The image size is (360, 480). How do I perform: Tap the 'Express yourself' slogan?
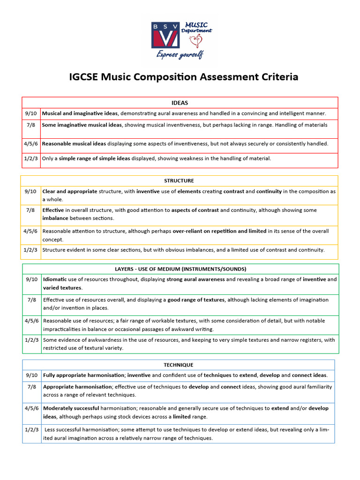point(180,55)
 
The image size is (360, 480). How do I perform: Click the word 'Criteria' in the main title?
point(277,77)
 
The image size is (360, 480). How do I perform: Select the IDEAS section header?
point(180,103)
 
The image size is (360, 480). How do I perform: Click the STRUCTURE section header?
point(179,180)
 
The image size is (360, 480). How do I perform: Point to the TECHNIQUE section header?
point(178,365)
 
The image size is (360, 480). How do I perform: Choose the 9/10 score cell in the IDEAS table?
point(31,113)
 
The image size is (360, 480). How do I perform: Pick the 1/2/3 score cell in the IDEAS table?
point(31,158)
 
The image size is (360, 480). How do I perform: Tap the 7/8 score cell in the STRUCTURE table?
point(31,210)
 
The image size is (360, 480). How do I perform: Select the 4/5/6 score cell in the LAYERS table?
point(31,321)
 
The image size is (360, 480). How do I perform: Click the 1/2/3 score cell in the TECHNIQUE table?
point(32,429)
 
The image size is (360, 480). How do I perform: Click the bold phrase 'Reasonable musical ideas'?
point(74,143)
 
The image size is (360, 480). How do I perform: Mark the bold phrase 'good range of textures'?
point(195,300)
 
